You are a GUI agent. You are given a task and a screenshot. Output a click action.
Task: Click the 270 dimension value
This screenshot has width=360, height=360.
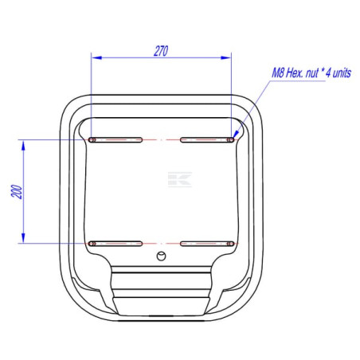click(x=161, y=51)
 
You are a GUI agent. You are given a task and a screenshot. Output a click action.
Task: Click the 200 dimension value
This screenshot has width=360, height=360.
click(x=17, y=191)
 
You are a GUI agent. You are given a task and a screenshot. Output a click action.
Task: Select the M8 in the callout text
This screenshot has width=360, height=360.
click(x=278, y=73)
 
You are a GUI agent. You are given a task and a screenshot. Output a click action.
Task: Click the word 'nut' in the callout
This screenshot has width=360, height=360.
click(x=311, y=73)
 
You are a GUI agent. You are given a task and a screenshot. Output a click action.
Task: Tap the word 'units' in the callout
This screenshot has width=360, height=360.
click(x=342, y=73)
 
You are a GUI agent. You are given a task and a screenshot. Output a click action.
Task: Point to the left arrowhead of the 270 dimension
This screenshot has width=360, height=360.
click(x=96, y=57)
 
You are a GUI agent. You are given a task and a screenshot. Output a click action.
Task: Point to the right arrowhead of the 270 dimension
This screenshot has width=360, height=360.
click(x=226, y=57)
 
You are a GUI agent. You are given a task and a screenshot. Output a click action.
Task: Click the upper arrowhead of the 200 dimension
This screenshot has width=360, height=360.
click(x=23, y=146)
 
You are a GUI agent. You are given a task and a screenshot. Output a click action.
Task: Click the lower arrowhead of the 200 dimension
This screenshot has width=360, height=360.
click(x=23, y=238)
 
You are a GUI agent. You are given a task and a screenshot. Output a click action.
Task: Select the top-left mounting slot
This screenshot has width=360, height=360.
click(x=115, y=140)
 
